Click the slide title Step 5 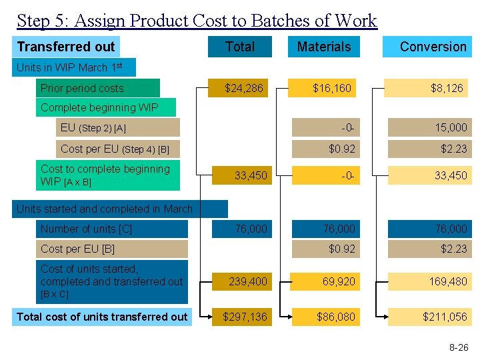click(197, 21)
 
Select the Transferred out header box click(67, 47)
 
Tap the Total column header click(240, 47)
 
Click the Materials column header click(323, 47)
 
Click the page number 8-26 click(459, 347)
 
